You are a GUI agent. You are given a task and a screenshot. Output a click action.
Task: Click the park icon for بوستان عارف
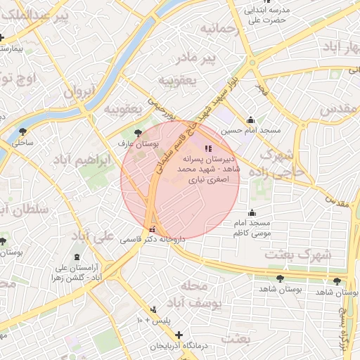point(137,132)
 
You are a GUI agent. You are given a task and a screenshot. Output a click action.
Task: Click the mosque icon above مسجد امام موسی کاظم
point(252,213)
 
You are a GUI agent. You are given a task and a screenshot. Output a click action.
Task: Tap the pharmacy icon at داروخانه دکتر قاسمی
point(153,229)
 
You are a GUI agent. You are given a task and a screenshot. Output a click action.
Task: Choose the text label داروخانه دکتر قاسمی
point(154,240)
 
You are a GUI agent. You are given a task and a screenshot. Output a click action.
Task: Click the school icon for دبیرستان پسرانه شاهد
point(207,148)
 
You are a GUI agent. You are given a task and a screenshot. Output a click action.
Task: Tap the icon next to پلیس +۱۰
point(153,309)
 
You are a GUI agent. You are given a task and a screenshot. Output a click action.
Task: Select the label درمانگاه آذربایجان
point(179,347)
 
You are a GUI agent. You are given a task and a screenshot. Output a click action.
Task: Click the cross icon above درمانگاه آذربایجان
point(179,335)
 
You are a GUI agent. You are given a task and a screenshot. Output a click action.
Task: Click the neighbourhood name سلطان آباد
point(21,210)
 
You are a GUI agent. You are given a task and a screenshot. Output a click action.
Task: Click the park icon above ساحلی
point(23,131)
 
